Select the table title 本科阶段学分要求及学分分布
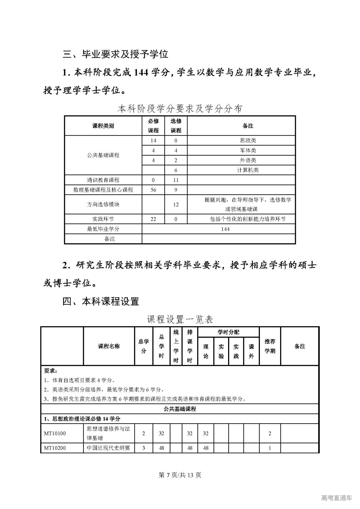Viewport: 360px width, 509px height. click(180, 109)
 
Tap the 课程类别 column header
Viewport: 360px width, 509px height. click(103, 126)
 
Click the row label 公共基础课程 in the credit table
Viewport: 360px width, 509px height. click(103, 155)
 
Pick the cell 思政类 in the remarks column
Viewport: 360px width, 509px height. click(248, 141)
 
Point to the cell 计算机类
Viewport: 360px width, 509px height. click(248, 170)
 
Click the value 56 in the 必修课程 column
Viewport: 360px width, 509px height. click(153, 190)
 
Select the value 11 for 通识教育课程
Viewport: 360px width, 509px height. click(176, 180)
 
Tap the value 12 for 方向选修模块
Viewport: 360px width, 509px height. click(176, 204)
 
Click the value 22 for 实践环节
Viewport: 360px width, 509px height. click(153, 219)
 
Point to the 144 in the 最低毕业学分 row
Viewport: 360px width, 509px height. click(225, 229)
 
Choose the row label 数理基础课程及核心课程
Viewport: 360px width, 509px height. click(103, 190)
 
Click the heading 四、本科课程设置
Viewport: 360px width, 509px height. click(101, 301)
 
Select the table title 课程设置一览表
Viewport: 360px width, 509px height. click(180, 319)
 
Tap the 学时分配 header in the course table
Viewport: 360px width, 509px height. click(228, 332)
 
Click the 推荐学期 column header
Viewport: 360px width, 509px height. click(270, 346)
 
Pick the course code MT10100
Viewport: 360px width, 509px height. click(55, 433)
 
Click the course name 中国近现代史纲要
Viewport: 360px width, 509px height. click(109, 448)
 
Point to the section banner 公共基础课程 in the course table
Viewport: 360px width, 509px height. click(180, 409)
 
